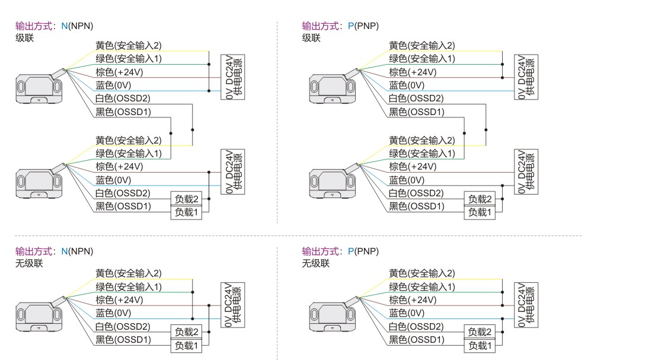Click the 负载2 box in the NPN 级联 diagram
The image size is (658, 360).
pyautogui.click(x=186, y=199)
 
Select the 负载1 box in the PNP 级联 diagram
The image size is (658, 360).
pyautogui.click(x=480, y=212)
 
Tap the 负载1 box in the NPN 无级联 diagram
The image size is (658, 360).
pyautogui.click(x=186, y=345)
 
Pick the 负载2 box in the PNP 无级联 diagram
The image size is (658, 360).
pyautogui.click(x=480, y=332)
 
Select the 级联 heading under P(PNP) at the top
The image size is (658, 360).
pyautogui.click(x=311, y=38)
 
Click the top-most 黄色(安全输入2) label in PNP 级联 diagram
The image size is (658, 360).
pyautogui.click(x=422, y=46)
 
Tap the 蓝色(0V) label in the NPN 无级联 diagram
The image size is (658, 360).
pyautogui.click(x=113, y=313)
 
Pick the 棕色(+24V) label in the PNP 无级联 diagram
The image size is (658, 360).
pyautogui.click(x=413, y=300)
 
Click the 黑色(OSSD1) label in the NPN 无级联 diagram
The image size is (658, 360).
pyautogui.click(x=123, y=340)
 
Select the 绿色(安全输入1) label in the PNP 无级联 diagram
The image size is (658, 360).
pyautogui.click(x=422, y=287)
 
